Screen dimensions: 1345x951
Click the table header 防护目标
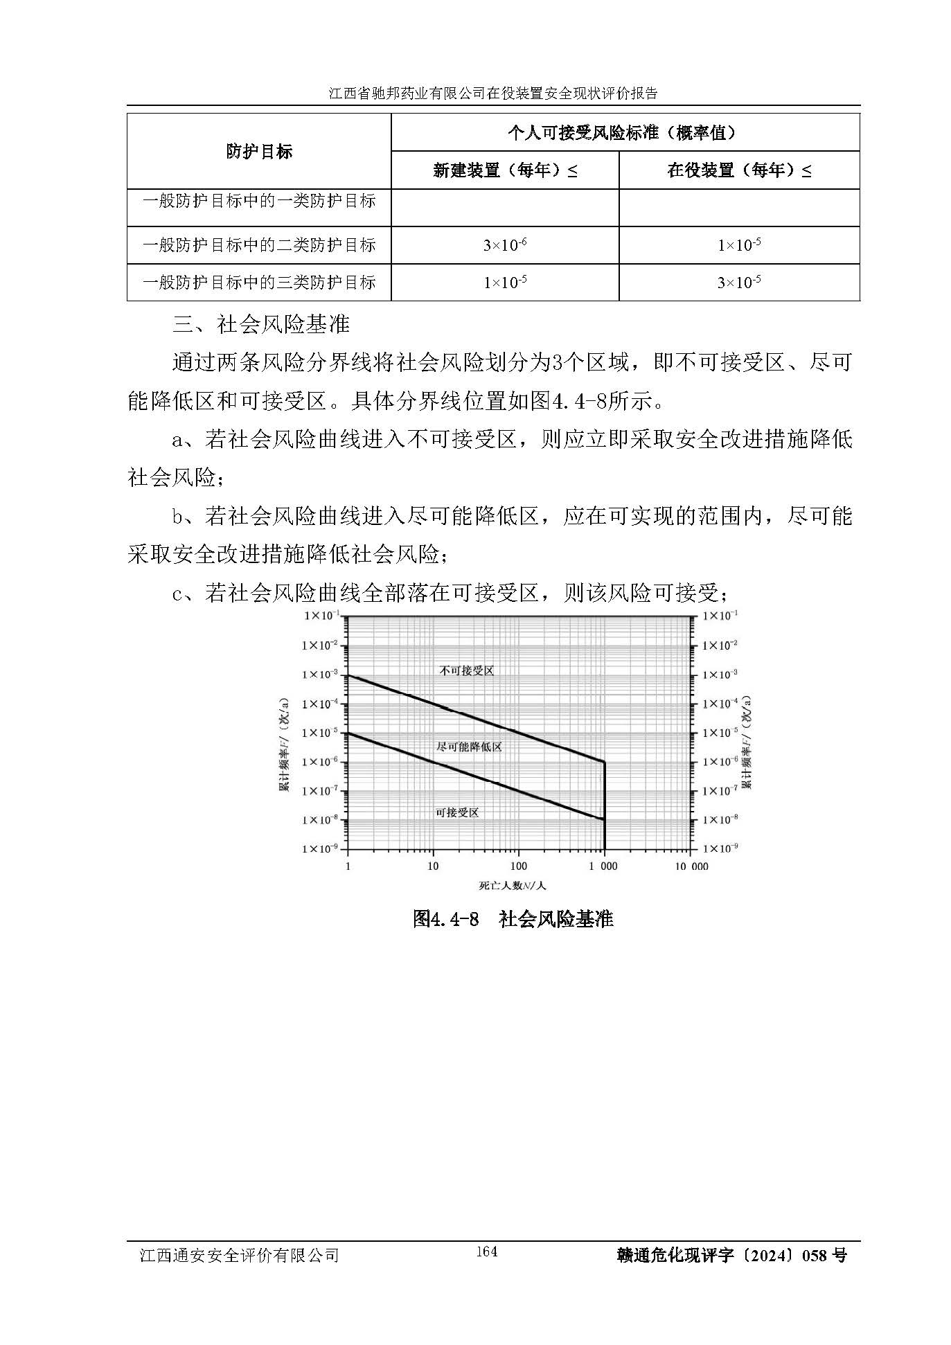point(259,152)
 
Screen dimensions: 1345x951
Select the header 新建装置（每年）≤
point(504,170)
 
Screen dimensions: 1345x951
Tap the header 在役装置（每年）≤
point(739,170)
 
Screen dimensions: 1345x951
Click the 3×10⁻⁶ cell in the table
point(504,245)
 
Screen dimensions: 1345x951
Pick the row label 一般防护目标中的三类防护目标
point(259,283)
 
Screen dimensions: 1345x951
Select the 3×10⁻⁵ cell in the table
point(739,283)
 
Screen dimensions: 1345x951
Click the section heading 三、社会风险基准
point(262,324)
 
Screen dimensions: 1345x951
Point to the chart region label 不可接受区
point(466,670)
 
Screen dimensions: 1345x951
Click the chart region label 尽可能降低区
point(469,747)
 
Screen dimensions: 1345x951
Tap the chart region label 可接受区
point(457,812)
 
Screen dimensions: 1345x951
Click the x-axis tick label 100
point(518,866)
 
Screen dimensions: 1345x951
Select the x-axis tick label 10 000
point(691,866)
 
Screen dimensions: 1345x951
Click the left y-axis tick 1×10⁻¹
point(320,616)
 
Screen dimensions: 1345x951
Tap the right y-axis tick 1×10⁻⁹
point(720,848)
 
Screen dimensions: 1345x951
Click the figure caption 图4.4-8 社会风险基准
point(513,919)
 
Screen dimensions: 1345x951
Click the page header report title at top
point(493,93)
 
